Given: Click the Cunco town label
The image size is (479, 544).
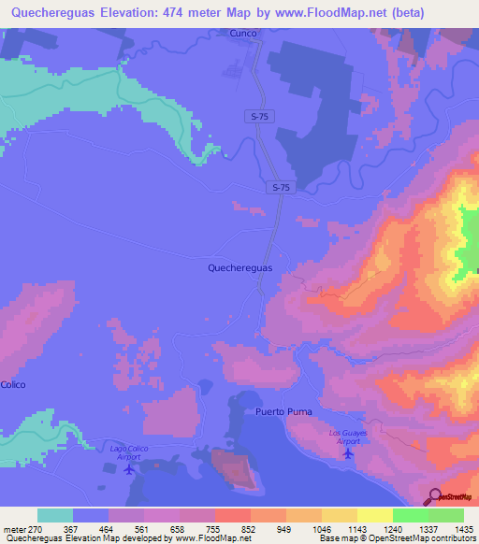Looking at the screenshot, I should click(242, 33).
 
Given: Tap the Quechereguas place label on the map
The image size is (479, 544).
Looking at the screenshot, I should click(239, 267).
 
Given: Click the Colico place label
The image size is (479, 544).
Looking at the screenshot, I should click(13, 385).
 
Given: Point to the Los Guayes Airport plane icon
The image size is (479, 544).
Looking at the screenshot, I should click(349, 454).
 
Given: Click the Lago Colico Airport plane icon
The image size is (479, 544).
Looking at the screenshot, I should click(128, 468).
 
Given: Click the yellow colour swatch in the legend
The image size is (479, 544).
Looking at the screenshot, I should click(374, 515).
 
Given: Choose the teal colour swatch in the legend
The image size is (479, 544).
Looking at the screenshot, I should click(55, 515).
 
